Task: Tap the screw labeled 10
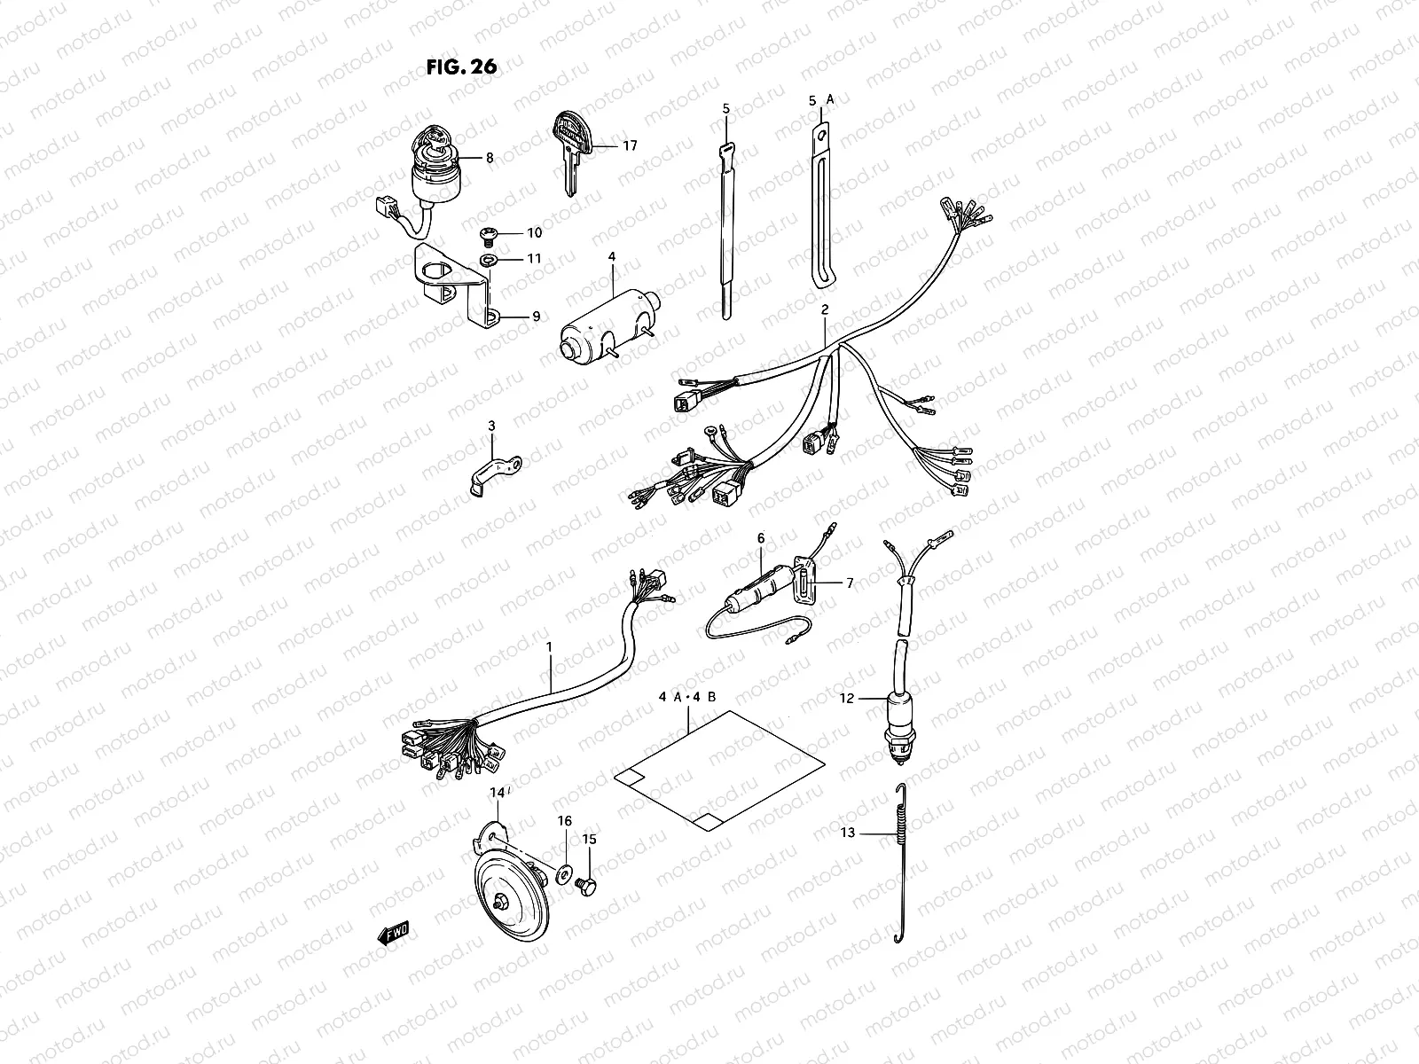[486, 233]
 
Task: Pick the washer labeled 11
[488, 259]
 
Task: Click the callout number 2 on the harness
[825, 310]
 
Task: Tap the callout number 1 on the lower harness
[549, 648]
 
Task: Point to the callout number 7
[849, 583]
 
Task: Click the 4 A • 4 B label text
[693, 697]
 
